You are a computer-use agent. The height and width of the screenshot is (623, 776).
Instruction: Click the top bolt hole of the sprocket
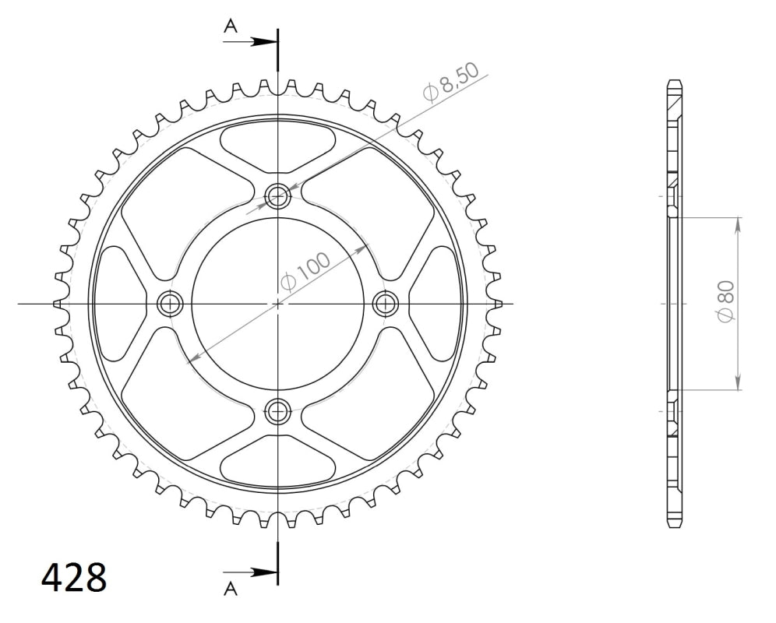coord(277,197)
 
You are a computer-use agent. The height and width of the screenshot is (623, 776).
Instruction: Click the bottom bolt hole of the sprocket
coord(277,410)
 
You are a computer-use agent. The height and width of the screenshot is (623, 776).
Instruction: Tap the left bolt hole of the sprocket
coord(171,304)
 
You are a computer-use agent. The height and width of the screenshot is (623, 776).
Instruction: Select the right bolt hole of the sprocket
coord(386,304)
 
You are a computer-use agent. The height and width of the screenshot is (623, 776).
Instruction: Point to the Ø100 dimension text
coord(305,271)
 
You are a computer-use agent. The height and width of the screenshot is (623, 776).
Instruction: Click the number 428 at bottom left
coord(74,578)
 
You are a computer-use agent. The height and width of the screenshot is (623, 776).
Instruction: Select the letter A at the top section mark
coord(231,26)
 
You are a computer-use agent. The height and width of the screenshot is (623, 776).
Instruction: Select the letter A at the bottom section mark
coord(231,589)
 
